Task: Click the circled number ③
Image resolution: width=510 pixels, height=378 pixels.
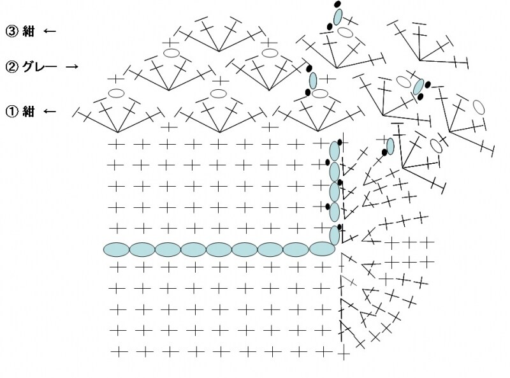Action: (x=11, y=31)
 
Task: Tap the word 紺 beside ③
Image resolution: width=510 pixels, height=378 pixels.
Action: (x=28, y=31)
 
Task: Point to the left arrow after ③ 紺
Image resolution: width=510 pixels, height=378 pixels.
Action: (x=50, y=31)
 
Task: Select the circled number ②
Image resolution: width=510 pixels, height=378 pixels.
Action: (x=11, y=67)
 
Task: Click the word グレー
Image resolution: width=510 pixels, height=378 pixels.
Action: (x=40, y=67)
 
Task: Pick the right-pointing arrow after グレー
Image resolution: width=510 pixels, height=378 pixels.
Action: (x=72, y=67)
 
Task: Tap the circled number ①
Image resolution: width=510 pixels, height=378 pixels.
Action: (x=11, y=112)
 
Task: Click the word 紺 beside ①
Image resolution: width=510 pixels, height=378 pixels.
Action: (x=28, y=112)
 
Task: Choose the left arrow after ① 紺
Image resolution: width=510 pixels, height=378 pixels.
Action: (x=50, y=112)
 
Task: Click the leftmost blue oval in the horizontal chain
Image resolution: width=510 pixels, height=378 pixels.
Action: (x=117, y=249)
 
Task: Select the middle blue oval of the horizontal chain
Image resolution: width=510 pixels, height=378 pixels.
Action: (x=219, y=249)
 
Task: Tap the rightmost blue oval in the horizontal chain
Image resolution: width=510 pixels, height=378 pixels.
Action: (x=322, y=249)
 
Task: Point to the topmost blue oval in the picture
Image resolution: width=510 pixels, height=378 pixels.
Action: (x=338, y=17)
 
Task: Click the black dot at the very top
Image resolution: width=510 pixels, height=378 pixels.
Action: (x=338, y=4)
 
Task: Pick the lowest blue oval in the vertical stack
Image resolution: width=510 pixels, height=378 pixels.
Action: (x=335, y=235)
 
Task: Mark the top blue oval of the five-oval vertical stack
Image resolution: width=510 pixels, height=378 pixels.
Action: (x=335, y=151)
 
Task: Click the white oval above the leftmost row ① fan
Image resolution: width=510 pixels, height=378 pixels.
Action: (x=116, y=93)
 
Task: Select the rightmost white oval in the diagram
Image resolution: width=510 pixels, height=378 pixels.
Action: (x=479, y=106)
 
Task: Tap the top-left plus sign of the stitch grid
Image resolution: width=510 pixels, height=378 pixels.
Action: (x=116, y=144)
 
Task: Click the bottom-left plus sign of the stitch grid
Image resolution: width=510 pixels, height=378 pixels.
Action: (x=119, y=351)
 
